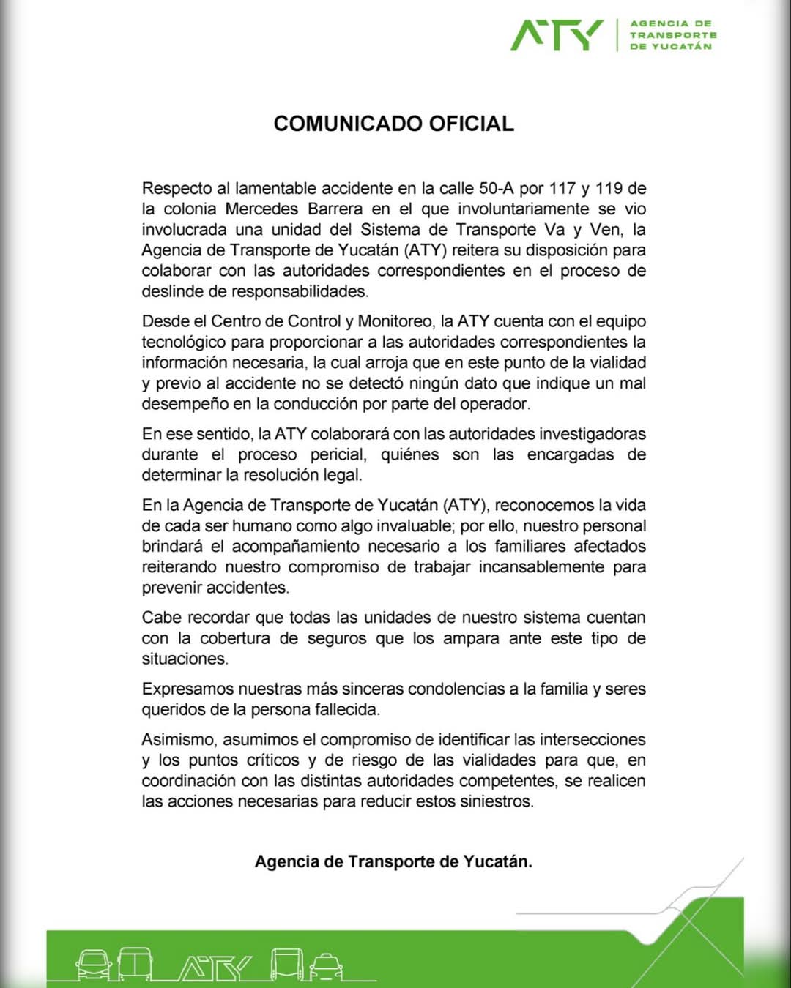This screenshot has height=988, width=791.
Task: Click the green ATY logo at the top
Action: pyautogui.click(x=556, y=35)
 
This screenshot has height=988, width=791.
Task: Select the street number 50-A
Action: pyautogui.click(x=496, y=188)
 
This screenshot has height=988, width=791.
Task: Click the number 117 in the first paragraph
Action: pyautogui.click(x=562, y=188)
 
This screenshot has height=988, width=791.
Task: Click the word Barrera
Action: pyautogui.click(x=330, y=209)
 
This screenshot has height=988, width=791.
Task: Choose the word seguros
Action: pyautogui.click(x=337, y=638)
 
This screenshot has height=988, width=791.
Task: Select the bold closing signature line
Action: pyautogui.click(x=393, y=861)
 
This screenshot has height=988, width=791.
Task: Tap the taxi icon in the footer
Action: pyautogui.click(x=325, y=966)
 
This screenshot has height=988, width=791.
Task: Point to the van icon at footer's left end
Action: pyautogui.click(x=93, y=965)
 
